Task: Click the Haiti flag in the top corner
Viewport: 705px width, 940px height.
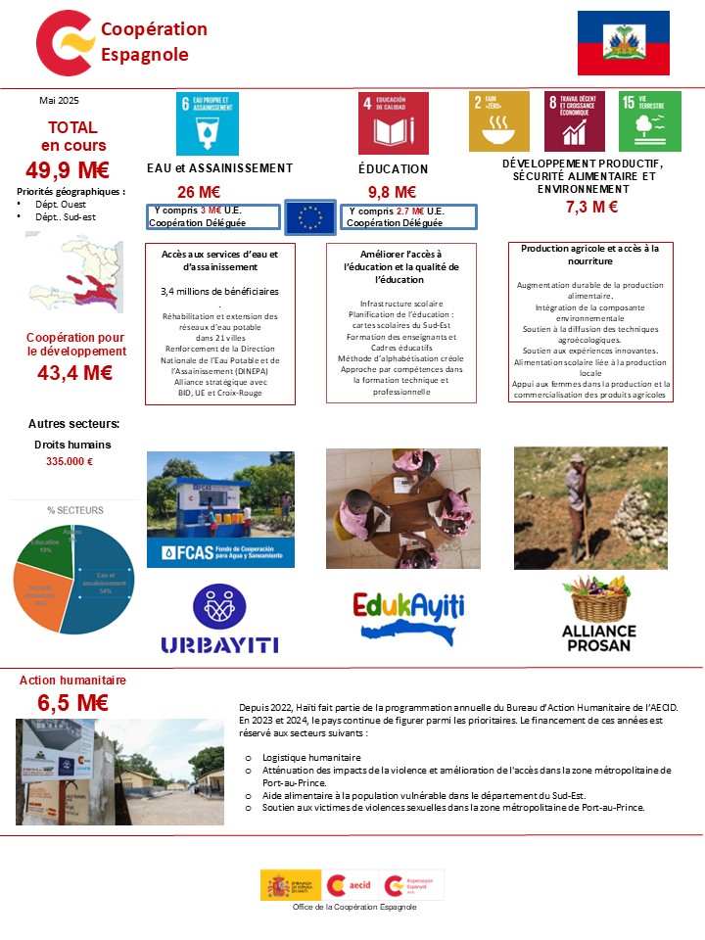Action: pos(623,42)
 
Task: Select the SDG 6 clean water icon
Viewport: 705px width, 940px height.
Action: pos(207,122)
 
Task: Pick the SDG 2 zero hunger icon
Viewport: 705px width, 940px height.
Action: pos(499,121)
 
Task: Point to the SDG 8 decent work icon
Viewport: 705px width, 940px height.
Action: pos(574,121)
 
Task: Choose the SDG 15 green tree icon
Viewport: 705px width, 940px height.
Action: pos(650,121)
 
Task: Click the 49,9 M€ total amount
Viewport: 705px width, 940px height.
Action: pos(68,168)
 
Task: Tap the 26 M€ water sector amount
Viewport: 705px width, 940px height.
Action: pos(198,192)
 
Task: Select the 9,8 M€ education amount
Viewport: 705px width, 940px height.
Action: pos(392,192)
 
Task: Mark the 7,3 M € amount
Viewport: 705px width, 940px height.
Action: pos(591,207)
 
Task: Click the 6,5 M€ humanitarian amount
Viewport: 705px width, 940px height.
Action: pos(72,703)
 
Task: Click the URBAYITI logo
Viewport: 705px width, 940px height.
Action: pos(219,621)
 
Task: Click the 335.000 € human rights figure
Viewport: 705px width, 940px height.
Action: pos(70,462)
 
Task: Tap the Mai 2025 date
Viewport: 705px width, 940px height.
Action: pos(59,101)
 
